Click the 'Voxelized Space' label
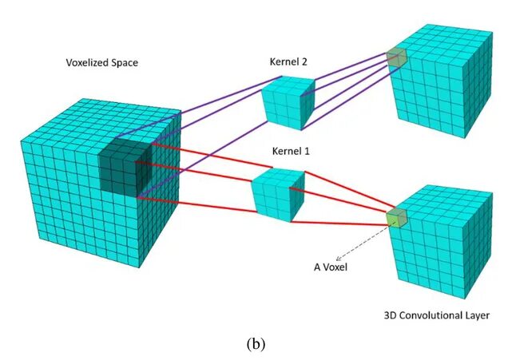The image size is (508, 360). pos(102,61)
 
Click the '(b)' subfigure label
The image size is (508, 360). pos(255,344)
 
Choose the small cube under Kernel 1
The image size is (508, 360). pos(276,194)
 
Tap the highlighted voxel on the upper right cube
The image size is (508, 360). pos(396,56)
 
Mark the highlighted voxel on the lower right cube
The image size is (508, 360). pos(397,217)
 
